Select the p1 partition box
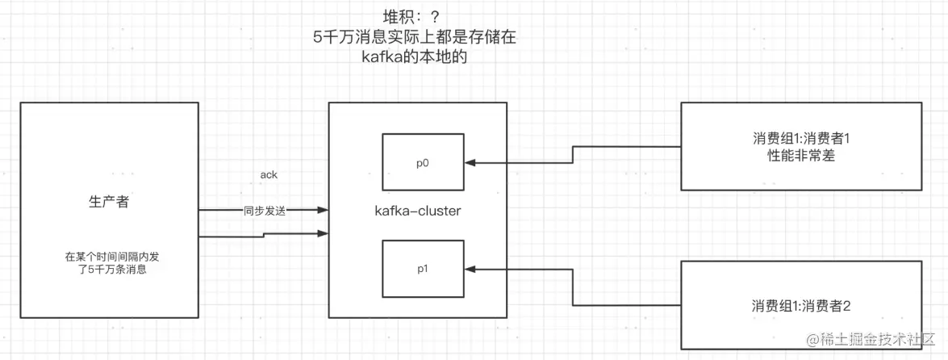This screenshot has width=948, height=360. [422, 267]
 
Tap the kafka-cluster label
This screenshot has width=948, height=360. [418, 211]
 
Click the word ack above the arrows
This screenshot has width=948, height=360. [269, 175]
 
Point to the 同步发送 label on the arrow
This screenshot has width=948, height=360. [265, 211]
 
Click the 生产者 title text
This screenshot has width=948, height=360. [108, 202]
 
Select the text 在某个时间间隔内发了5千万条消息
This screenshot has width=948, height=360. [108, 264]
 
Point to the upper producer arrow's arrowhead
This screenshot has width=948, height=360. [323, 211]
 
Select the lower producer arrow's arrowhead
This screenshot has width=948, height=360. [323, 233]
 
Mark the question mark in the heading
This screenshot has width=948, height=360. [439, 16]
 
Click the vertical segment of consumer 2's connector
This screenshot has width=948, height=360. [573, 287]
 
